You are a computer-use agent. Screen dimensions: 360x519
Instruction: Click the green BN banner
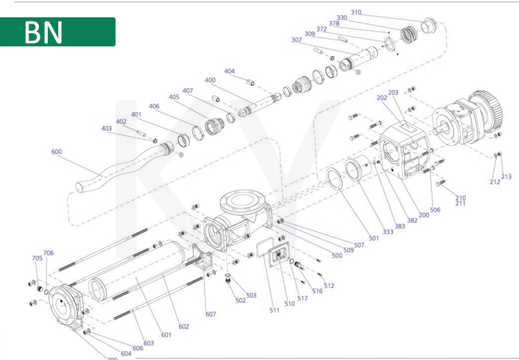pyautogui.click(x=57, y=32)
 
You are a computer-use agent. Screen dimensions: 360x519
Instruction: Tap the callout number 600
pyautogui.click(x=57, y=152)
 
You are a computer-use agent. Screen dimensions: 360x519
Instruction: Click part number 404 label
pyautogui.click(x=229, y=71)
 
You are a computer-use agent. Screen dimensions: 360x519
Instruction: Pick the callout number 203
pyautogui.click(x=392, y=92)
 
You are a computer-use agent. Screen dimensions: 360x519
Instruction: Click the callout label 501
pyautogui.click(x=374, y=238)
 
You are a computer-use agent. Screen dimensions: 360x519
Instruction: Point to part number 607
pyautogui.click(x=210, y=314)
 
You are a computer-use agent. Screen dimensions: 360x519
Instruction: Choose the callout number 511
pyautogui.click(x=275, y=310)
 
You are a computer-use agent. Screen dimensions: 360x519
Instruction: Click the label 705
pyautogui.click(x=37, y=258)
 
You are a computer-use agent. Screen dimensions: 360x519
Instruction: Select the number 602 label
pyautogui.click(x=183, y=327)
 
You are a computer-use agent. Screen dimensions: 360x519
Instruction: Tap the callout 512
pyautogui.click(x=329, y=285)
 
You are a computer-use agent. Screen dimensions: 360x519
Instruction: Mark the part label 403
pyautogui.click(x=106, y=128)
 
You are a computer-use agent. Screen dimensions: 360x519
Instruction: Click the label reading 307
pyautogui.click(x=296, y=39)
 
